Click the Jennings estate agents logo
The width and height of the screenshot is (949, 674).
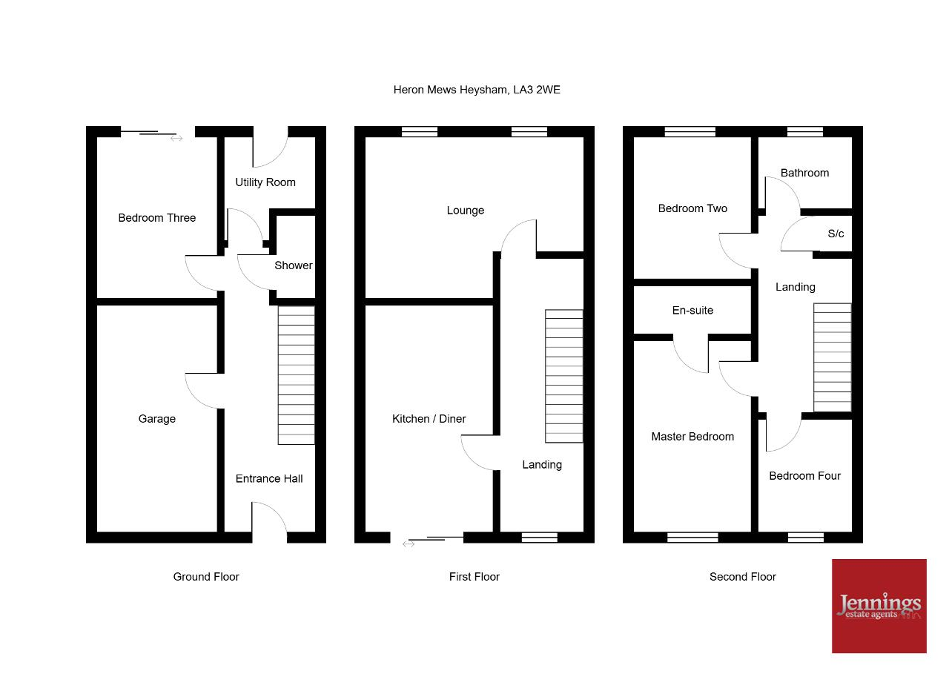tap(879, 607)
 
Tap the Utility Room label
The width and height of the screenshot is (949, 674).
tap(265, 182)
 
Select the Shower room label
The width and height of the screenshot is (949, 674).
tap(293, 265)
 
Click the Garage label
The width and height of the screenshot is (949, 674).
tap(156, 418)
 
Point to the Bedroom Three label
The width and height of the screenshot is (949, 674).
tap(156, 218)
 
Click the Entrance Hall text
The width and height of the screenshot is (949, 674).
tap(269, 479)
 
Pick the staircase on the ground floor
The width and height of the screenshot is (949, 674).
tap(296, 375)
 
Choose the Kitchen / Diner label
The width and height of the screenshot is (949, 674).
tap(429, 418)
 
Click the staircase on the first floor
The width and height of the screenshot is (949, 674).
tap(564, 376)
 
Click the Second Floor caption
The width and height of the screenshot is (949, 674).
tap(743, 577)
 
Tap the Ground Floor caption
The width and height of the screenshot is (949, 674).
tap(206, 577)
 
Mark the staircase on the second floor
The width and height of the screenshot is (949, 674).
tap(833, 357)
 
